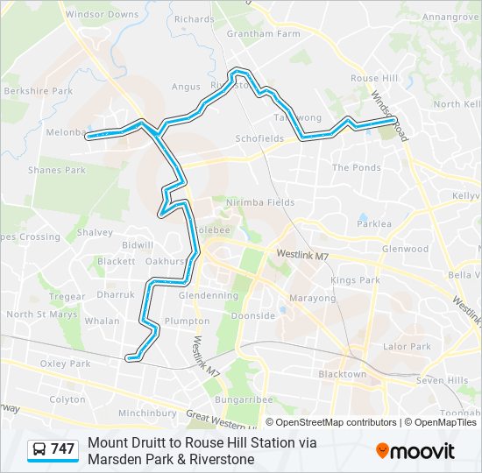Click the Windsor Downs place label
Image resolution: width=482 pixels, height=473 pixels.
pyautogui.click(x=103, y=15)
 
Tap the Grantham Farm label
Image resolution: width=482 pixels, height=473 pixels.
pyautogui.click(x=263, y=34)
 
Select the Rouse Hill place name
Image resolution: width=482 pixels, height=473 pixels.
pyautogui.click(x=375, y=78)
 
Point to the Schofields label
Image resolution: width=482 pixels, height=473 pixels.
pyautogui.click(x=259, y=138)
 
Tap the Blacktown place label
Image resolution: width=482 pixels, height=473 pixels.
pyautogui.click(x=342, y=374)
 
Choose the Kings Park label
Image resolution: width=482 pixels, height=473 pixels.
pyautogui.click(x=355, y=280)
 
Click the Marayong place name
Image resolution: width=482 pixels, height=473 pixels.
pyautogui.click(x=313, y=298)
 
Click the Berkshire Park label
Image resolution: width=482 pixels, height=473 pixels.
pyautogui.click(x=38, y=90)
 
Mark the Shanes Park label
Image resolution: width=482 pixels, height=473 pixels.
pyautogui.click(x=56, y=170)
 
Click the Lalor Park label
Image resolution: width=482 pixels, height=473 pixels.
pyautogui.click(x=407, y=347)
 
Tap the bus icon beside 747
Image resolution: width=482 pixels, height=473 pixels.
pyautogui.click(x=39, y=449)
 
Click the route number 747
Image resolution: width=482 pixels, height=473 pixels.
pyautogui.click(x=62, y=449)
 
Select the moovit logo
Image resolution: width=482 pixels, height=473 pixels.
pyautogui.click(x=415, y=451)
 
